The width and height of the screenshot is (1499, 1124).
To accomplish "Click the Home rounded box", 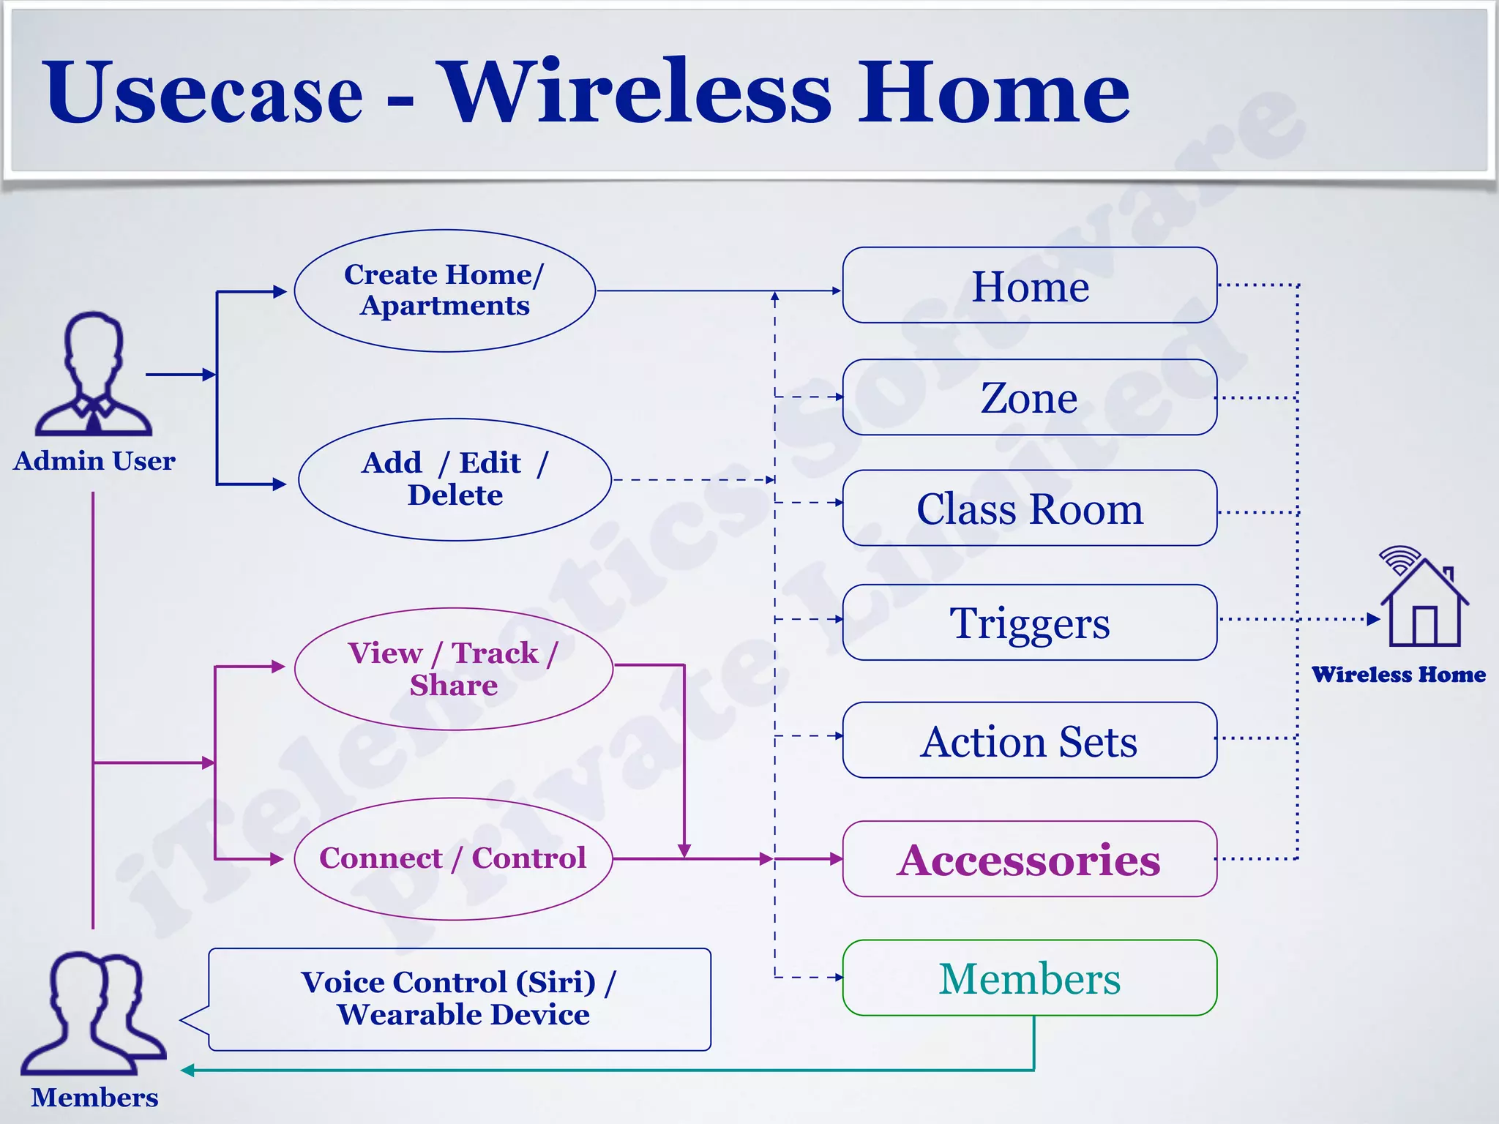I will pyautogui.click(x=1029, y=285).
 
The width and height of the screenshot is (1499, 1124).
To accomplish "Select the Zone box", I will pyautogui.click(x=1029, y=397).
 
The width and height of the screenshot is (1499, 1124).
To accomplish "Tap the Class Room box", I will pyautogui.click(x=1029, y=509).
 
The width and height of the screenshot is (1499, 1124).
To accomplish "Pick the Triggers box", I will pyautogui.click(x=1029, y=623).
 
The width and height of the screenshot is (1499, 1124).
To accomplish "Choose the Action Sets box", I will pyautogui.click(x=1029, y=741).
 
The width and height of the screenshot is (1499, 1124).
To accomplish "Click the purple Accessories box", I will pyautogui.click(x=1029, y=859).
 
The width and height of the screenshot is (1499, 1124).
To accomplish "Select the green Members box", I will pyautogui.click(x=1029, y=978).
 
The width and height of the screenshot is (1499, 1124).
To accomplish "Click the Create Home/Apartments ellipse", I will pyautogui.click(x=444, y=291).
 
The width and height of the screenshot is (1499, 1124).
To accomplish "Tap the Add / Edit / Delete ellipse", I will pyautogui.click(x=455, y=479).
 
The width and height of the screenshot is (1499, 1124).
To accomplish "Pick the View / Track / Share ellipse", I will pyautogui.click(x=454, y=669).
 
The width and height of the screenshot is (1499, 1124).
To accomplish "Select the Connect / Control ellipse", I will pyautogui.click(x=453, y=858).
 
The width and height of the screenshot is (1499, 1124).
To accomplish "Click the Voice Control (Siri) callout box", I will pyautogui.click(x=459, y=1000).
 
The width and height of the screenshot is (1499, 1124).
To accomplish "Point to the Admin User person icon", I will pyautogui.click(x=94, y=375).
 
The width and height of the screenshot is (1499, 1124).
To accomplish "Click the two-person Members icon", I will pyautogui.click(x=93, y=1014).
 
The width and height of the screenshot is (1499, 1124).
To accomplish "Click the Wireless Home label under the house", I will pyautogui.click(x=1398, y=675).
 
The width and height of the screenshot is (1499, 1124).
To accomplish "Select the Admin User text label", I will pyautogui.click(x=94, y=461).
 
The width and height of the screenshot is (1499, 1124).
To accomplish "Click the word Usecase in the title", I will pyautogui.click(x=203, y=93).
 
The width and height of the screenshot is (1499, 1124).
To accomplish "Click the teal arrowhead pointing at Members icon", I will pyautogui.click(x=187, y=1071).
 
